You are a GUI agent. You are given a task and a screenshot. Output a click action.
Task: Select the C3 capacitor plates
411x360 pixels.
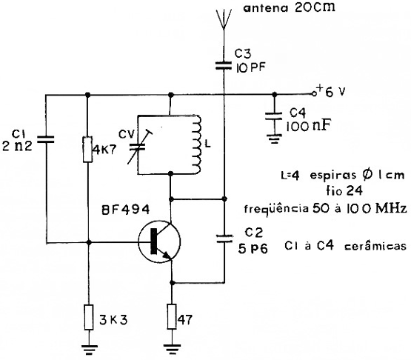pos(224,65)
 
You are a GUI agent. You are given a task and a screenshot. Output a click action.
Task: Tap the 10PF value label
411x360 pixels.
pos(250,68)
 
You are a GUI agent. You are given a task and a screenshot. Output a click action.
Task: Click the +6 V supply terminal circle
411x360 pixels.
pos(313,94)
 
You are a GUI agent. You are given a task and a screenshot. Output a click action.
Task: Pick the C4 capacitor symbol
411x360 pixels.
pos(274,116)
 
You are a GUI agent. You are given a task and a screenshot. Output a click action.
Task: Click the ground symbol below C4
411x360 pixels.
pos(274,139)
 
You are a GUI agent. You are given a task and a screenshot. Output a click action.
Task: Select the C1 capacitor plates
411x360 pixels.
pos(46,139)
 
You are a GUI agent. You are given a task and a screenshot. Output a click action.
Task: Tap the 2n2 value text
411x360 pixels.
pos(17,146)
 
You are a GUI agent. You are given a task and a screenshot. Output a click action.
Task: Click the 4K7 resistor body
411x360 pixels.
pos(88,149)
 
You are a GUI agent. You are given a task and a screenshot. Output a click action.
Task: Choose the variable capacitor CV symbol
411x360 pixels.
pos(138,147)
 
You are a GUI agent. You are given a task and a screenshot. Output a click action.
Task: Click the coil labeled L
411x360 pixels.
pos(196,144)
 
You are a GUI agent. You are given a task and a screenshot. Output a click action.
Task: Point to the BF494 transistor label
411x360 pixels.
pos(126,210)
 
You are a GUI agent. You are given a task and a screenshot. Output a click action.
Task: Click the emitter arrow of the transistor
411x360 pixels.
pos(166,255)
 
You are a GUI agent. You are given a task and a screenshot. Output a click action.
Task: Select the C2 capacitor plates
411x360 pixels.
pos(224,239)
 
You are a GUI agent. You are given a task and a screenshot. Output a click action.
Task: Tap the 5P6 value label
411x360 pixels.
pos(253,249)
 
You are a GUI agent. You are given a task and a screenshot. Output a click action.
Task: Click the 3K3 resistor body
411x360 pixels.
pos(89,317)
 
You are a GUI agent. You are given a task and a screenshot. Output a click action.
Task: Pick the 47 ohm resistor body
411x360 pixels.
pos(172,316)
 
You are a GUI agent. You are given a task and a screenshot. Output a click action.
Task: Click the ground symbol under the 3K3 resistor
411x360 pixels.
pos(89,350)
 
